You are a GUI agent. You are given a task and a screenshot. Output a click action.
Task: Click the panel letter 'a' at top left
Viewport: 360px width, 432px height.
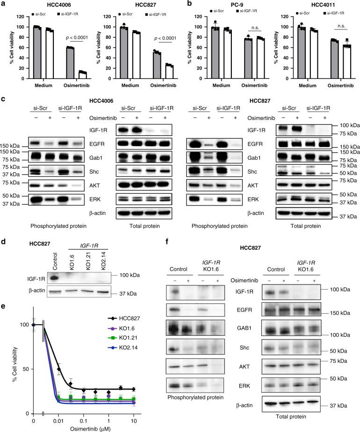(x=4, y=4)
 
